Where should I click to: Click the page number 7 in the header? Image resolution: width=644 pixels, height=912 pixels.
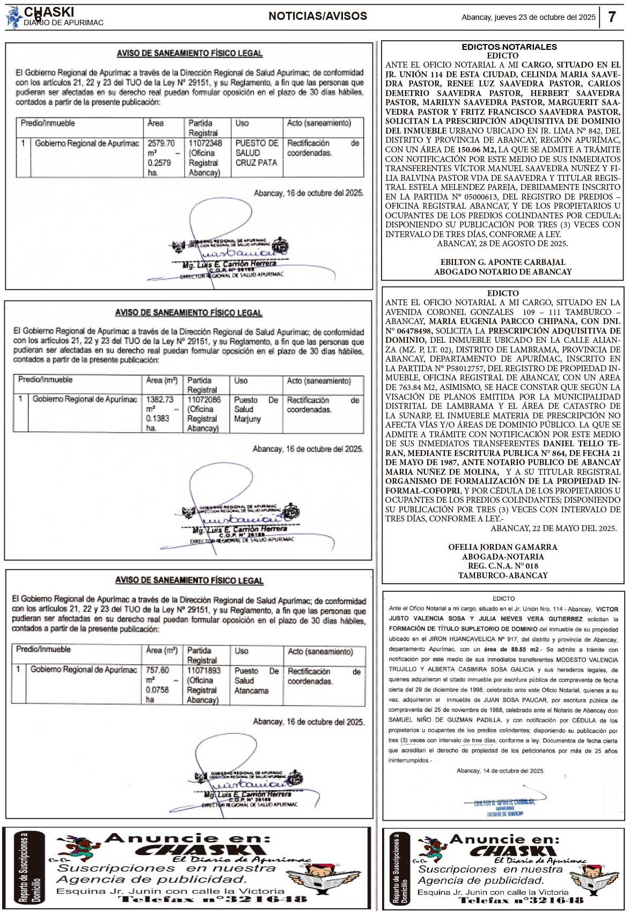[x=612, y=17]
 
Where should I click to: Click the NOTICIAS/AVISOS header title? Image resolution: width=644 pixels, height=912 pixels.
[x=318, y=16]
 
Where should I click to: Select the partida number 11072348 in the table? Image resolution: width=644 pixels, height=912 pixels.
[x=205, y=143]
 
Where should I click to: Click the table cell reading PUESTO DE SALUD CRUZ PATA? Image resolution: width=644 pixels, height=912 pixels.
[x=257, y=153]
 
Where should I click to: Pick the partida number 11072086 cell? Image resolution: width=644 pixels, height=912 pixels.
[x=204, y=400]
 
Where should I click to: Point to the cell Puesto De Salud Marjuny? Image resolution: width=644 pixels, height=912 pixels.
[x=255, y=409]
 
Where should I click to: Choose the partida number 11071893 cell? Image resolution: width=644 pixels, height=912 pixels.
[x=203, y=671]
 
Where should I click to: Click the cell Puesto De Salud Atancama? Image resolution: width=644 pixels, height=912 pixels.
[x=256, y=681]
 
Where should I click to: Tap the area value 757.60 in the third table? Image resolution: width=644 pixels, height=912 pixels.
[x=157, y=671]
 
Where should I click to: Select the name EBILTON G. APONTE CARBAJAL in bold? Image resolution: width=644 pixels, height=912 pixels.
[x=503, y=262]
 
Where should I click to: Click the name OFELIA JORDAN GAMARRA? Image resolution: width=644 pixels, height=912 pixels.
[x=503, y=547]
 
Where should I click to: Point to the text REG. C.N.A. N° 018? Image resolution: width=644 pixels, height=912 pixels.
[x=503, y=566]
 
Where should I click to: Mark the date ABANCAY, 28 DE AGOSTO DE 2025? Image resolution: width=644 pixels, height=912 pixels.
[x=502, y=244]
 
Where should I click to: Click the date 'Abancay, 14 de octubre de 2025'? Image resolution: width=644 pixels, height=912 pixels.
[x=500, y=771]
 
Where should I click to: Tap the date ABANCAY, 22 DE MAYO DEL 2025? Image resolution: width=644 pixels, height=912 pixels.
[x=553, y=528]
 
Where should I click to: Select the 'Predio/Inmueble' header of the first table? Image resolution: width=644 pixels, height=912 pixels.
[x=48, y=123]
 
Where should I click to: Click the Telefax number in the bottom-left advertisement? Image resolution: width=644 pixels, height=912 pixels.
[x=213, y=899]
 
